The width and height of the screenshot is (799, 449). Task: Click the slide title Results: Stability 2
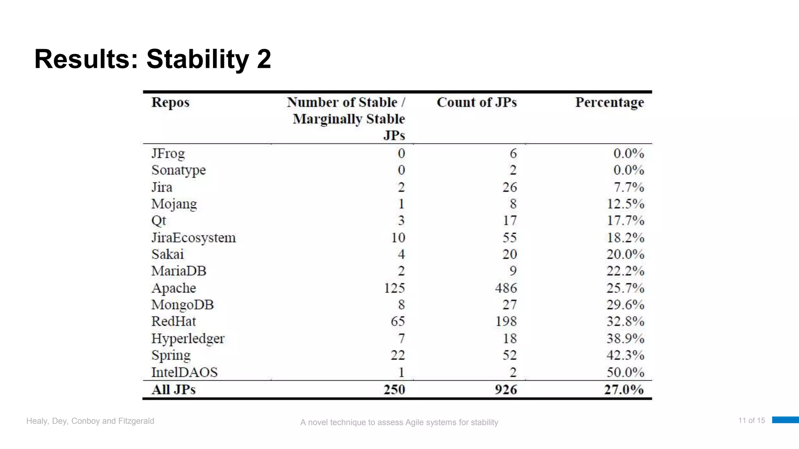tap(153, 59)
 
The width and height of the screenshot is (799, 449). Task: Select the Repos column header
tap(170, 103)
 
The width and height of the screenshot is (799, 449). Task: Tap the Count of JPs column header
tap(476, 103)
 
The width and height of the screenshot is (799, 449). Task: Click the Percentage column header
tap(609, 103)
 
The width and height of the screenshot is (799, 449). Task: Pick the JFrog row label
tap(168, 154)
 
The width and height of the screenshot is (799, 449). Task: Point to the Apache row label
tap(174, 288)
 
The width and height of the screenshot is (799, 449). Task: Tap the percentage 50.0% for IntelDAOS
tap(625, 372)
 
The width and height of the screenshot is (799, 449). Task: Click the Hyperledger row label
tap(188, 338)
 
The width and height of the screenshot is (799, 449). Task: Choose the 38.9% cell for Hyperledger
tap(625, 338)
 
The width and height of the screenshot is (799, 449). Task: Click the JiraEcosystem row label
tap(194, 238)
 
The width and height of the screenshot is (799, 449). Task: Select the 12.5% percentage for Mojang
tap(625, 204)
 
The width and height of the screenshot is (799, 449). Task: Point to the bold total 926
tap(506, 389)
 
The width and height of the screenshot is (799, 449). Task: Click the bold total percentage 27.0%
tap(624, 389)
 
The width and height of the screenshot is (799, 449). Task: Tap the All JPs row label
tap(174, 389)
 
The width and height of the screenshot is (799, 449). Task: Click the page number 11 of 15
tap(751, 421)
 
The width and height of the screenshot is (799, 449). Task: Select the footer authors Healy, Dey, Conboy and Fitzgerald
tap(90, 421)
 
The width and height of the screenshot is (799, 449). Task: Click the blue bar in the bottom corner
tap(785, 420)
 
